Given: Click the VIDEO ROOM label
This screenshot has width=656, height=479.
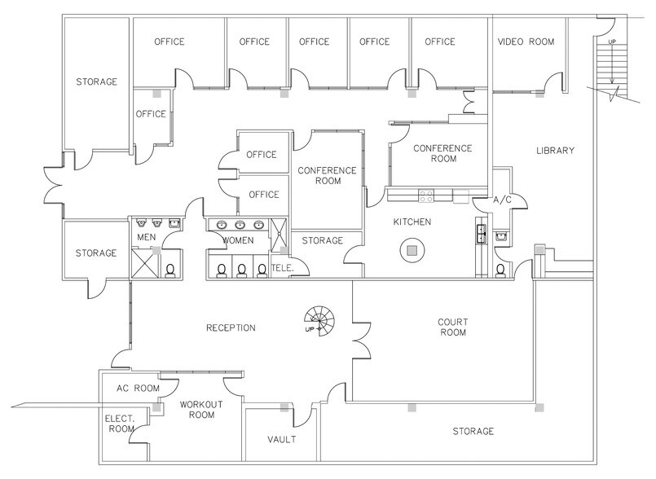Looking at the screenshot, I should click(525, 42).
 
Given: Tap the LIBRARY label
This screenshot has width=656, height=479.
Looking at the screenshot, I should click(555, 150).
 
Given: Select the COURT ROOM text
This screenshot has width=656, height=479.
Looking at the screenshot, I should click(452, 327).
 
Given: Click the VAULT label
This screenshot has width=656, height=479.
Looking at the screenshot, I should click(281, 440).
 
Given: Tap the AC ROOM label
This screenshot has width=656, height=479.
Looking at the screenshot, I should click(138, 389).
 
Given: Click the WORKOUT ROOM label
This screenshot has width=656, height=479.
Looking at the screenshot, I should click(196, 409).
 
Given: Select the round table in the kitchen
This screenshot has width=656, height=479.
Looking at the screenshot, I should click(412, 250).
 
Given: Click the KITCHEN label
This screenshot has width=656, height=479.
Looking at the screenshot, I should click(412, 222).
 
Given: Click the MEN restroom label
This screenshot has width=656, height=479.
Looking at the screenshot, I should click(146, 237).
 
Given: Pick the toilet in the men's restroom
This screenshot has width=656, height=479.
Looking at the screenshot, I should click(170, 270).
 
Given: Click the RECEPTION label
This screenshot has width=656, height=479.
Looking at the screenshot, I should click(231, 327).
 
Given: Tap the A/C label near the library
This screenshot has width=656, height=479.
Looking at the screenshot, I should click(502, 199).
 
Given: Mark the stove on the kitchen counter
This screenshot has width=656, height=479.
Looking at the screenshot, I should click(425, 195).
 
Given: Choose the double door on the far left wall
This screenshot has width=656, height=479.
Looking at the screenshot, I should click(51, 191).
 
